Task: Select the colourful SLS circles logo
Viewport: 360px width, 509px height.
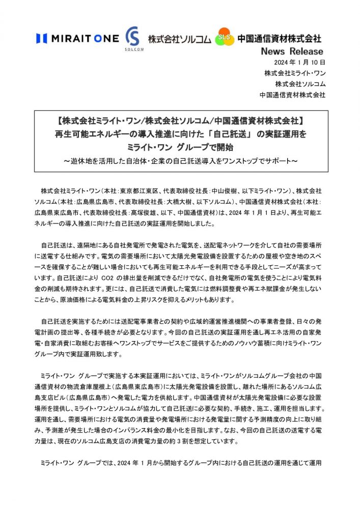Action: (x=225, y=37)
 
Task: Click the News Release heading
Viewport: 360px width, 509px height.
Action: (x=292, y=51)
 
